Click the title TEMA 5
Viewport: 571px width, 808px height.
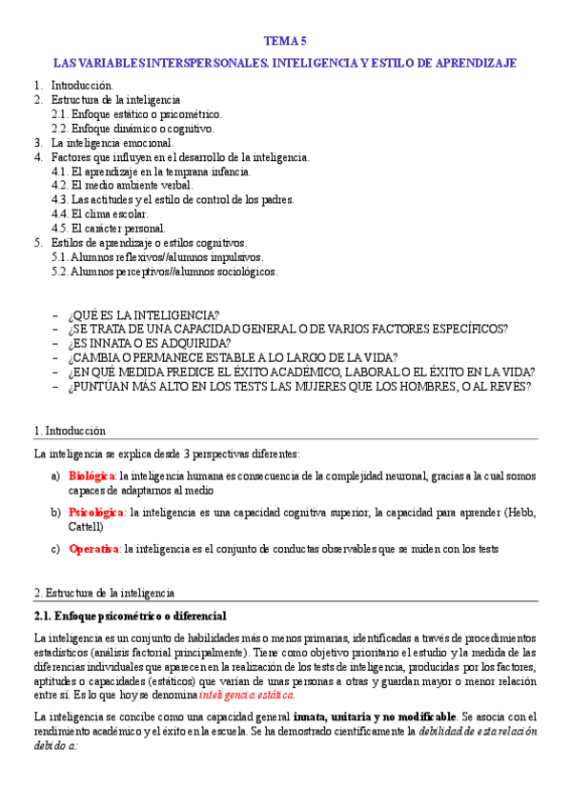coord(285,41)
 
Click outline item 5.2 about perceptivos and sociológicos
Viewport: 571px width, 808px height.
coord(164,272)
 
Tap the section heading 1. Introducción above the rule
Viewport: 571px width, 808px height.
coord(70,431)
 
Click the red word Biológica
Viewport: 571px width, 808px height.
coord(92,475)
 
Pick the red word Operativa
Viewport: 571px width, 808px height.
coord(93,549)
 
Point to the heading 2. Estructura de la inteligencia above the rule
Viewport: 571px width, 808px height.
coord(104,593)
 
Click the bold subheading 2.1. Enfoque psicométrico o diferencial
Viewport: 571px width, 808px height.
coord(130,616)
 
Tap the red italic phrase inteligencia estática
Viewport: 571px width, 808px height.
coord(246,695)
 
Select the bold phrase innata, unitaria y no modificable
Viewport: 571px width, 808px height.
coord(375,717)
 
